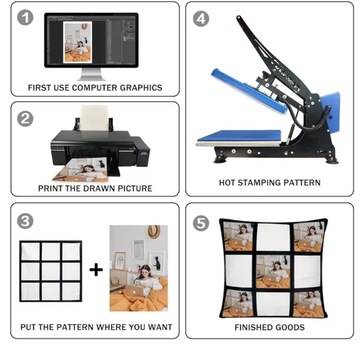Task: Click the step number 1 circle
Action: [25, 18]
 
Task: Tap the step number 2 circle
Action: [25, 118]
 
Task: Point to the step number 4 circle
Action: [201, 18]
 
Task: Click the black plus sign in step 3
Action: [96, 269]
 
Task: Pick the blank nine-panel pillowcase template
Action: [50, 271]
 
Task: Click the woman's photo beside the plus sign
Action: [138, 268]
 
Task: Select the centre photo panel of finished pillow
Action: [272, 270]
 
